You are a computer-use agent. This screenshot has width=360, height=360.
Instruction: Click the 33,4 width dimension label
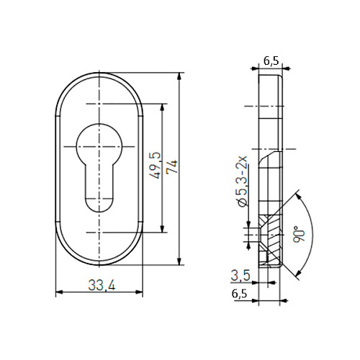coord(102,285)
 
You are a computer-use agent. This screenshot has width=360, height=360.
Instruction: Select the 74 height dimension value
coord(172,166)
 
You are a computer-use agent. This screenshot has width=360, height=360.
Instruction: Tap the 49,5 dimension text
coord(155,166)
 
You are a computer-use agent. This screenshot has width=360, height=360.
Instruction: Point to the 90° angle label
coord(299,234)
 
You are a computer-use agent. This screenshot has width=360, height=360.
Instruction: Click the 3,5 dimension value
coord(240,275)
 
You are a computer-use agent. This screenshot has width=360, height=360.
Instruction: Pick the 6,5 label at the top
coord(271,60)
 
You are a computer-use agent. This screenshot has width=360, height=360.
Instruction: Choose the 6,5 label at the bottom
coord(239,294)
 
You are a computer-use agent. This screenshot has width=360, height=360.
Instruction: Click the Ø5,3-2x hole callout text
coord(241,181)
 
